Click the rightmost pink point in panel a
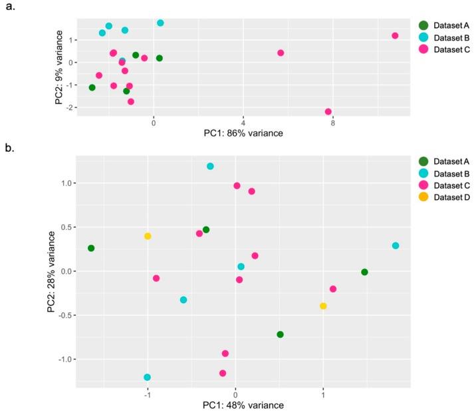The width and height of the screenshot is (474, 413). [x=395, y=36]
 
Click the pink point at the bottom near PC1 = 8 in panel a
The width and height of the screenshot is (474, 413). [x=328, y=112]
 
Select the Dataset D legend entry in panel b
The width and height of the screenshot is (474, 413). [x=447, y=197]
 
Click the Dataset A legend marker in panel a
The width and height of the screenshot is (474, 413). [x=423, y=25]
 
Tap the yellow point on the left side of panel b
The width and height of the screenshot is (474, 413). [x=148, y=236]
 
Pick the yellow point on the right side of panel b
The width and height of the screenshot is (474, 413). [x=323, y=306]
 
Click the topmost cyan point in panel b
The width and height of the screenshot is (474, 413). [x=210, y=167]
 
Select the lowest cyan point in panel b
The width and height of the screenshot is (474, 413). [x=147, y=377]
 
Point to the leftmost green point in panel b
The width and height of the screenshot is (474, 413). [x=91, y=248]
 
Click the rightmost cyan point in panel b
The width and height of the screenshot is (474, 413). [x=396, y=246]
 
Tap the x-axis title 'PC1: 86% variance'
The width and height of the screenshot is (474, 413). [x=243, y=133]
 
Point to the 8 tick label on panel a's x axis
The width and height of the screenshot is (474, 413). [x=332, y=123]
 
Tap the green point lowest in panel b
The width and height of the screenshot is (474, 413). [x=280, y=334]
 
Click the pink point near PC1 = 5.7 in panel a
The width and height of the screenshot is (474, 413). [x=281, y=53]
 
